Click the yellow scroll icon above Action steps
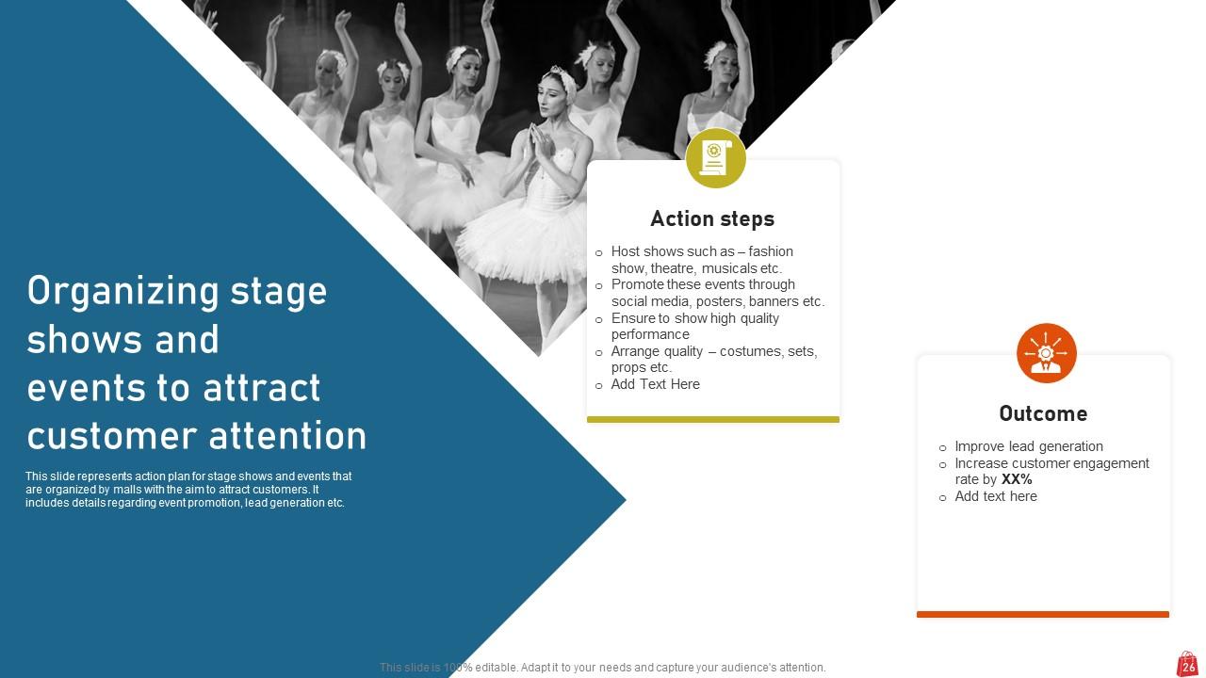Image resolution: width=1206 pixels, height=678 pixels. click(x=716, y=158)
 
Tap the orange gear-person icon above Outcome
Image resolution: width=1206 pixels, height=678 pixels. click(x=1046, y=353)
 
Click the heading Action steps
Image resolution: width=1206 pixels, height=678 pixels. click(x=712, y=218)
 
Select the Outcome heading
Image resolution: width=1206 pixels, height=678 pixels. click(x=1043, y=413)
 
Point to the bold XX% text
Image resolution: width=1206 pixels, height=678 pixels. click(x=1017, y=479)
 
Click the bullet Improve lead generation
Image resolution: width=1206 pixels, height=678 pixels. click(x=1028, y=446)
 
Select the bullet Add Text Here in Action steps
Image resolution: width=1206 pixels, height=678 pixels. click(x=655, y=384)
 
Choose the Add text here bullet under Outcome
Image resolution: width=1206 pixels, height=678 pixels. click(x=995, y=496)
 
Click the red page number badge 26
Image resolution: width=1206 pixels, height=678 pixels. click(x=1187, y=665)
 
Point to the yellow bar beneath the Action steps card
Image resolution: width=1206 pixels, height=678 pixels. click(x=712, y=420)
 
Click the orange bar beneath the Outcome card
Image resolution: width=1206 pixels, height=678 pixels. click(x=1042, y=615)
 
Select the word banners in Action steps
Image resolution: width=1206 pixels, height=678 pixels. click(x=773, y=301)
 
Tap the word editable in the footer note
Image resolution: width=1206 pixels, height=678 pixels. click(x=488, y=668)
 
